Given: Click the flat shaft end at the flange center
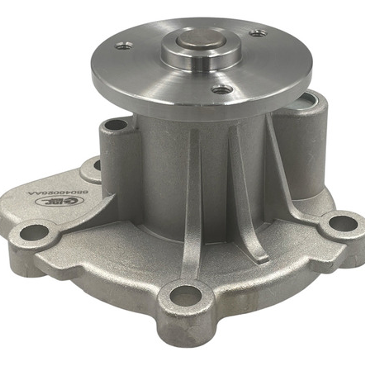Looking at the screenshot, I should pos(201,39).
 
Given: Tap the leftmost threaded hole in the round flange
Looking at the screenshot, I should pos(123,45).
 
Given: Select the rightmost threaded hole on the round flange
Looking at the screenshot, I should pos(258,33).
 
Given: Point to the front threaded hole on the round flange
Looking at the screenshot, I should pos(222,90).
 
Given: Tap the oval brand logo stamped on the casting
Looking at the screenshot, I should pos(60,201).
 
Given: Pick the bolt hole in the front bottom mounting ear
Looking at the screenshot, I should pos(185,296).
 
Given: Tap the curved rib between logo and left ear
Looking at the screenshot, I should pos(91,213).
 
